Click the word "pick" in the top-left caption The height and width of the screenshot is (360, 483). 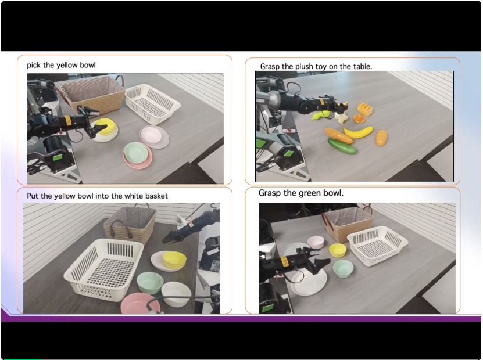(x=34, y=65)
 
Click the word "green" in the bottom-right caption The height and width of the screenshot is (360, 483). (x=310, y=193)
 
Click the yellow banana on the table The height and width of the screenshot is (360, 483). (x=358, y=132)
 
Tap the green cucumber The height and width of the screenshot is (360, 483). (x=342, y=146)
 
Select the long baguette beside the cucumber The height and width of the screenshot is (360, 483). (x=338, y=136)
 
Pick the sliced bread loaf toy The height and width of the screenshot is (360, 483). (x=365, y=109)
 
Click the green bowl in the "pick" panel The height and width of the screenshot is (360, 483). (x=135, y=152)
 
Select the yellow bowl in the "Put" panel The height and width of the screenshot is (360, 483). (x=174, y=260)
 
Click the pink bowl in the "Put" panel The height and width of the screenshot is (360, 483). (x=140, y=303)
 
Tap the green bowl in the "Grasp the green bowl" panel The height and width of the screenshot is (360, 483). (x=343, y=268)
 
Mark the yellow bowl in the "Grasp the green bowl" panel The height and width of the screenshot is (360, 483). (x=338, y=250)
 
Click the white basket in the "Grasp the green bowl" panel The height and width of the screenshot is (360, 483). (x=377, y=245)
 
